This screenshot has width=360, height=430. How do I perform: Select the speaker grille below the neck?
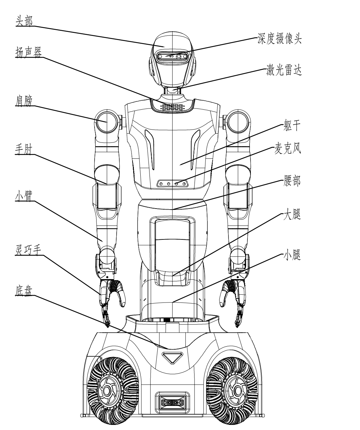pos(173,106)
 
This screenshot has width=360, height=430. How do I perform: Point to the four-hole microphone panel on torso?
pos(173,183)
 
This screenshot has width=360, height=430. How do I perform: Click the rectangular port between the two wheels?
pos(172,402)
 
